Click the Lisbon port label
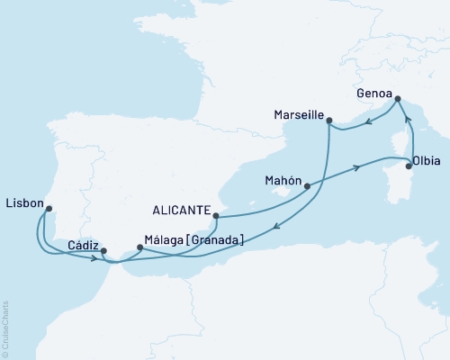point(23,203)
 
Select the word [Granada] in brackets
point(212,241)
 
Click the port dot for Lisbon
point(49,209)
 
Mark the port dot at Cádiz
point(103,251)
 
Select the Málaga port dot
point(139,247)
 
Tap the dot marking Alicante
point(215,216)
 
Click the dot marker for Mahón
point(308,187)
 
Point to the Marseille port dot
point(328,119)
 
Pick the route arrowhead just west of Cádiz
point(94,258)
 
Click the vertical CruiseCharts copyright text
point(5,328)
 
